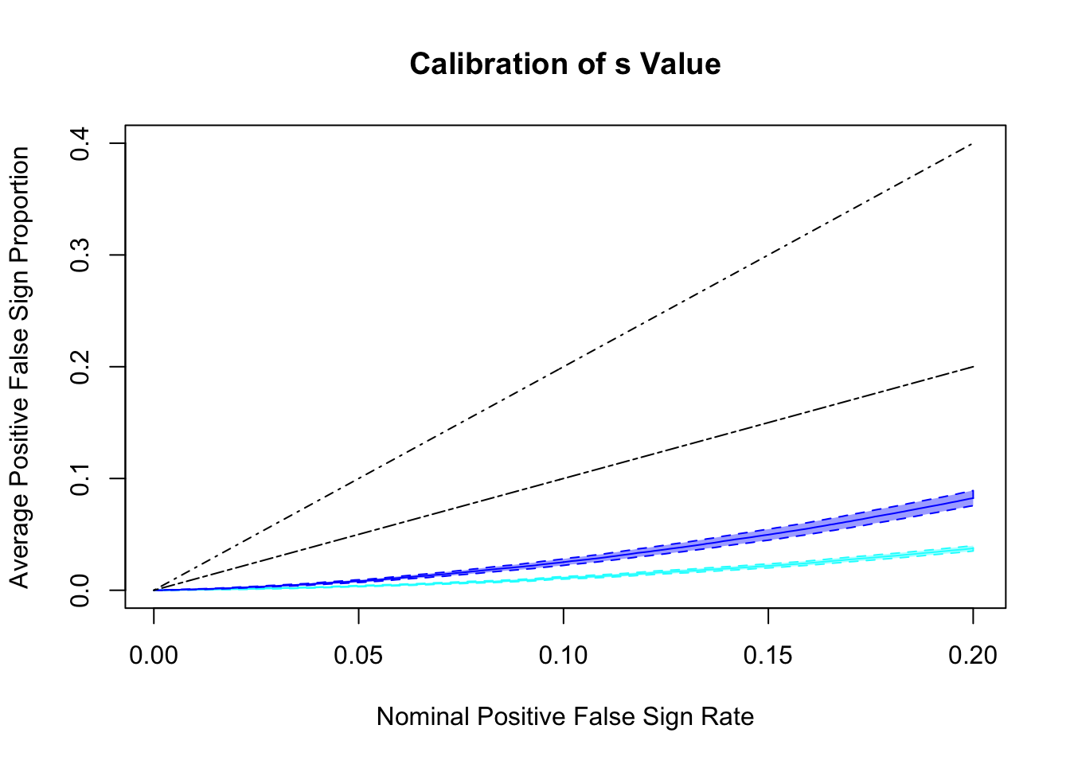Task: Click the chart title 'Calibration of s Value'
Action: click(565, 64)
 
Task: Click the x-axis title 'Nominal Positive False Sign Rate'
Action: click(565, 717)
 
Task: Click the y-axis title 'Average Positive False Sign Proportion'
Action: click(19, 367)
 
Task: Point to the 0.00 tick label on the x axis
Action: click(154, 655)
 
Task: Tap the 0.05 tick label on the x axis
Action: click(358, 655)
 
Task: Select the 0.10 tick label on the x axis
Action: click(564, 655)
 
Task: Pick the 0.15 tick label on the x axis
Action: click(768, 655)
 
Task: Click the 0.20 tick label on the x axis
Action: click(973, 655)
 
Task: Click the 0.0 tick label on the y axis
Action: click(80, 591)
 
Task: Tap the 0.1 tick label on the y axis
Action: click(80, 478)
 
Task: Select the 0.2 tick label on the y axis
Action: click(80, 367)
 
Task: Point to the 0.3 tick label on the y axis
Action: click(80, 255)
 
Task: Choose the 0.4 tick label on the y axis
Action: click(80, 143)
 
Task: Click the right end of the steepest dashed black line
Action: click(972, 144)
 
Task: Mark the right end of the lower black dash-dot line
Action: click(972, 367)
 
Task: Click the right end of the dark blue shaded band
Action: click(972, 498)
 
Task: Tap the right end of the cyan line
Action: click(972, 548)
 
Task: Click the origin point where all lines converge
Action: click(154, 590)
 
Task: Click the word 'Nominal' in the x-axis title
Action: click(423, 717)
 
